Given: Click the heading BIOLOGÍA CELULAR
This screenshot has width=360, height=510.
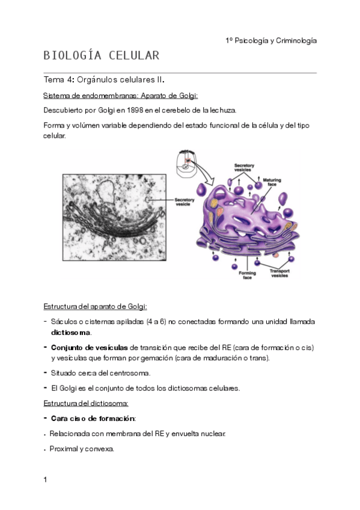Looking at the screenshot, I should [x=101, y=56].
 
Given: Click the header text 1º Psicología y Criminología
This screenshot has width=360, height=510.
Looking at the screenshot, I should [x=271, y=40].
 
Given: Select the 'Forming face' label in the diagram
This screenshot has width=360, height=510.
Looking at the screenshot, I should [x=247, y=275].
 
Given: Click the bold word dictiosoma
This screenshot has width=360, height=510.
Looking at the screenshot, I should [x=71, y=332].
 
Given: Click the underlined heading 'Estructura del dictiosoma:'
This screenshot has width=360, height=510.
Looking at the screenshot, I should [x=86, y=403].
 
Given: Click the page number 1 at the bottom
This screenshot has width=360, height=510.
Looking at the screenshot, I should [x=46, y=480].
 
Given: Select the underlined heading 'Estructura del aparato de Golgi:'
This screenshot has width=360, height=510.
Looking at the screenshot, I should [x=96, y=307].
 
